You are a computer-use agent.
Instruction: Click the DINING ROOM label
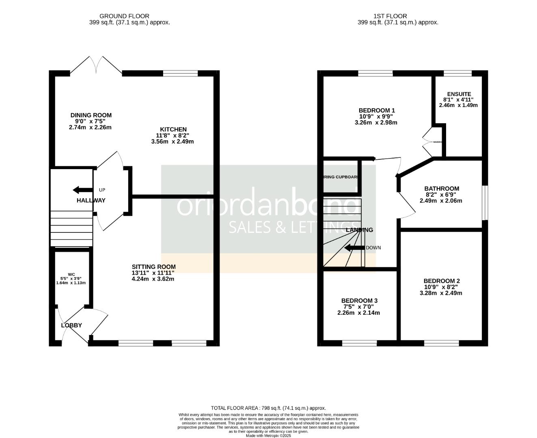click(x=91, y=115)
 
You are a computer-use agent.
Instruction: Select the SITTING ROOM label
click(x=153, y=267)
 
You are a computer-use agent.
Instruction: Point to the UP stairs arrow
click(x=82, y=190)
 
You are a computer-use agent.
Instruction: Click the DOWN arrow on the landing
click(x=354, y=248)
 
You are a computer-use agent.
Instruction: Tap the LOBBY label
click(x=71, y=325)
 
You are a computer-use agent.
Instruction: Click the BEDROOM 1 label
click(x=376, y=110)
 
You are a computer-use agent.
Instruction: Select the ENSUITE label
click(x=459, y=94)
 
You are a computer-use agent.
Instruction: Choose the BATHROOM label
click(x=442, y=189)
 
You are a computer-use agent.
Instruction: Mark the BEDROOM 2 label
click(x=441, y=281)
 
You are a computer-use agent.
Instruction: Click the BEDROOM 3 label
click(x=359, y=301)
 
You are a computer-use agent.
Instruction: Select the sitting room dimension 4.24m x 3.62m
click(x=153, y=279)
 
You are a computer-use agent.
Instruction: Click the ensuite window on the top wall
click(x=457, y=73)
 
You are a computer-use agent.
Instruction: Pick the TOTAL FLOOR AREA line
click(x=268, y=408)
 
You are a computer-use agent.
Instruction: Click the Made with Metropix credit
click(x=268, y=436)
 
